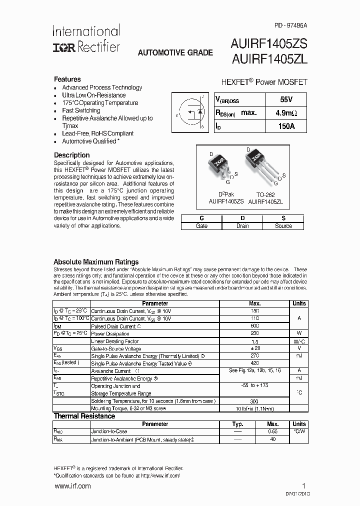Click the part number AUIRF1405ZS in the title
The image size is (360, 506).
coord(269,43)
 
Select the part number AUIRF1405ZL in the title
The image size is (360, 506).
coord(269,59)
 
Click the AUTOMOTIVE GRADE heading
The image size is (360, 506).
coord(175,52)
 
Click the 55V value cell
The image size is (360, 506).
coord(286,99)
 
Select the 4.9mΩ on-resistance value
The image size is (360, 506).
coord(286,113)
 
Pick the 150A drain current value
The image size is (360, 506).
coord(286,126)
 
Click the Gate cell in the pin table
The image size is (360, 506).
coord(201,226)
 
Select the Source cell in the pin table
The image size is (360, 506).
coord(283,226)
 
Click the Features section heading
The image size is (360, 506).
coord(67,79)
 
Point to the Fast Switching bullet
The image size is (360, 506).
coord(81,110)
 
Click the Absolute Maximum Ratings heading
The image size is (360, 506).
coord(96,261)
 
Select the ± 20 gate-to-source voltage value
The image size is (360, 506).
coord(254,348)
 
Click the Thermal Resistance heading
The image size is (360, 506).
coord(84,416)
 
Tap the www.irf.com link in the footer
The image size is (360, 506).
coord(72,486)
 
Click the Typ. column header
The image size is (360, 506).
coord(237,424)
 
